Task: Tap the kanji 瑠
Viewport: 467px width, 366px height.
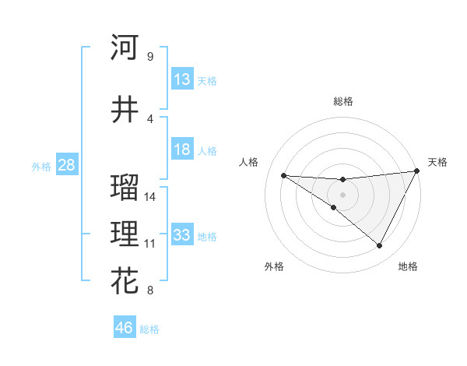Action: click(x=125, y=188)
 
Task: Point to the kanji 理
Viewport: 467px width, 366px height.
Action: click(x=125, y=234)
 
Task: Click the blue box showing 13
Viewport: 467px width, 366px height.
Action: click(x=182, y=79)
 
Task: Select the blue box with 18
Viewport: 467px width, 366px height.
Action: click(x=182, y=150)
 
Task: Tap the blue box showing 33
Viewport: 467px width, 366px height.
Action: click(x=182, y=235)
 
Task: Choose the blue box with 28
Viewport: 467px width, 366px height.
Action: click(x=66, y=165)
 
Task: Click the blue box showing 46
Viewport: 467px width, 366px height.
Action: click(x=125, y=327)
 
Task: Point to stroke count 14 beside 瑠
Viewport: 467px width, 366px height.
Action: click(x=150, y=196)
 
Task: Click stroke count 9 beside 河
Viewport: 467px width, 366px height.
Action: click(x=149, y=56)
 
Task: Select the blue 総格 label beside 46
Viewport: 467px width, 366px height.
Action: click(x=149, y=329)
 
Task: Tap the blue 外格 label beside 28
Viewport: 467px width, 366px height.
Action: click(x=41, y=167)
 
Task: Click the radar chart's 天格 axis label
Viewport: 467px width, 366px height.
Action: click(x=437, y=162)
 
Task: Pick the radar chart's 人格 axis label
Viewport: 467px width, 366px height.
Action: click(x=249, y=162)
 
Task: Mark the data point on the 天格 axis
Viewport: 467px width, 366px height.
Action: click(x=417, y=171)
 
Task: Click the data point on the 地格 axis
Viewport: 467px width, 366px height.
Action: click(x=380, y=246)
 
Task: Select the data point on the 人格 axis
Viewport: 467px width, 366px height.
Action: click(x=283, y=175)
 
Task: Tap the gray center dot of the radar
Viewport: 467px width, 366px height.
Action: click(x=342, y=194)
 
